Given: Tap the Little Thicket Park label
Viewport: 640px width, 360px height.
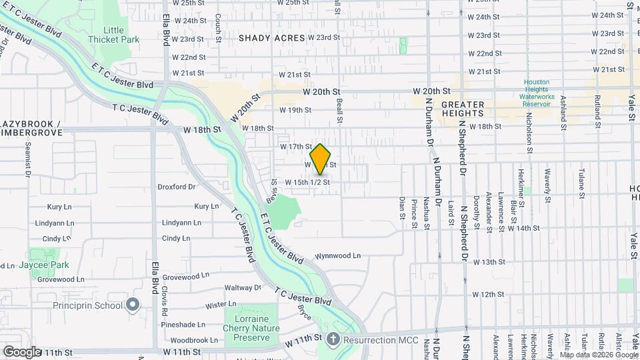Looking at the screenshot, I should point(122,35).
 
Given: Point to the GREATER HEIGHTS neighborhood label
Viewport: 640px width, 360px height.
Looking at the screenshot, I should point(463,109).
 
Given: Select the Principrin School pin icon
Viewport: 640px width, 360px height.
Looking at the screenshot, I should point(133,305).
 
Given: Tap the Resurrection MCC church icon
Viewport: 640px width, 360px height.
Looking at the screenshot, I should point(331,339).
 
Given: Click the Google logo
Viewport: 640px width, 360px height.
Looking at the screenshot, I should point(22,351).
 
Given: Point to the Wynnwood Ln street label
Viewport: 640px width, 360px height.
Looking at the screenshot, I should point(338,255).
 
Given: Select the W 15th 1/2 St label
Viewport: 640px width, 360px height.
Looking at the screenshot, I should point(307,182).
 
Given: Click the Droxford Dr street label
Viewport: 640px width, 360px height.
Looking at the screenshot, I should point(177,187).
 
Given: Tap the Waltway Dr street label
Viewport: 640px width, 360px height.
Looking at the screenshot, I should point(243,288).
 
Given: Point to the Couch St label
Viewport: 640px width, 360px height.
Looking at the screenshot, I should point(218,29).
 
